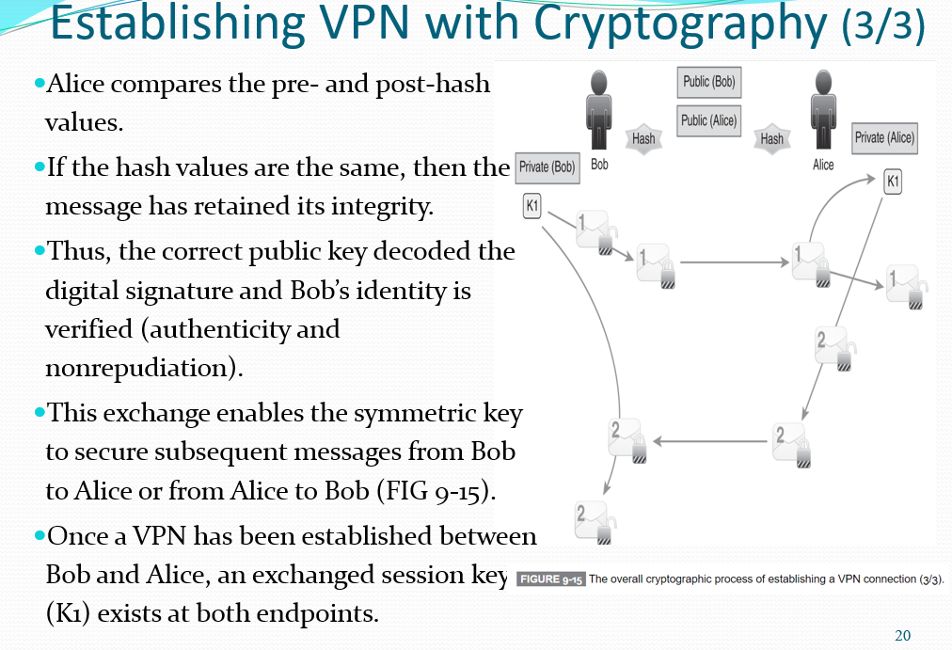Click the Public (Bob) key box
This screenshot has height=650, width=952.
(709, 82)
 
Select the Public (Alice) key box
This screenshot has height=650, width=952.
(709, 120)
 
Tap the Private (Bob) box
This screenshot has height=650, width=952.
(547, 167)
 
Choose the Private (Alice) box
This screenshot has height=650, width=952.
(883, 138)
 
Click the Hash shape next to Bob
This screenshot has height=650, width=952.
(643, 138)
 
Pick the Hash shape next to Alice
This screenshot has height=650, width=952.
(771, 138)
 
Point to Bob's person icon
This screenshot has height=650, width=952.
(598, 110)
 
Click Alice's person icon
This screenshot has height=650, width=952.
(823, 110)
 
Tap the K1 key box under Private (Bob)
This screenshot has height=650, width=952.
(532, 205)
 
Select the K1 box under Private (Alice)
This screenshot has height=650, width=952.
(893, 182)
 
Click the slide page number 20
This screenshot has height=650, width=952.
(902, 636)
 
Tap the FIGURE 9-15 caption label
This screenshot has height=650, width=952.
(551, 579)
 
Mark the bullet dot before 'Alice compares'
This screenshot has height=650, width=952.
(39, 84)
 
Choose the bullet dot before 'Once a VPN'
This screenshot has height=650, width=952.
(39, 535)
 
